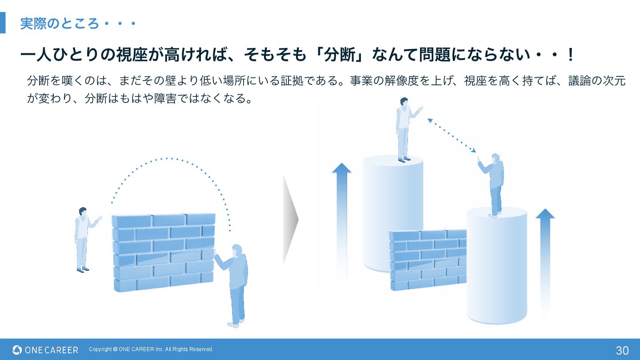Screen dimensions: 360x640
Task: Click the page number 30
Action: coord(622,350)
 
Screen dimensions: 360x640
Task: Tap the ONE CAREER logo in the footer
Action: coord(45,350)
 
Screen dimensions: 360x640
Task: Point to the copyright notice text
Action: coord(151,349)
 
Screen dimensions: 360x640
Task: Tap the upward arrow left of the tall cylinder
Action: coord(341,213)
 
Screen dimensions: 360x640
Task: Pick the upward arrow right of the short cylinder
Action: coord(545,258)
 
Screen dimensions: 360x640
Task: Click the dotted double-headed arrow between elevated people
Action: coord(452,136)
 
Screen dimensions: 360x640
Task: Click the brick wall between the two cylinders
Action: coord(427,260)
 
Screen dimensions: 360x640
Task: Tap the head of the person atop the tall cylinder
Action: coord(404,102)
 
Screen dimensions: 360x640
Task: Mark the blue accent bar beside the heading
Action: coord(3,23)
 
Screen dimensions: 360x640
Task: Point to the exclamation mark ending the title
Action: coord(571,55)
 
